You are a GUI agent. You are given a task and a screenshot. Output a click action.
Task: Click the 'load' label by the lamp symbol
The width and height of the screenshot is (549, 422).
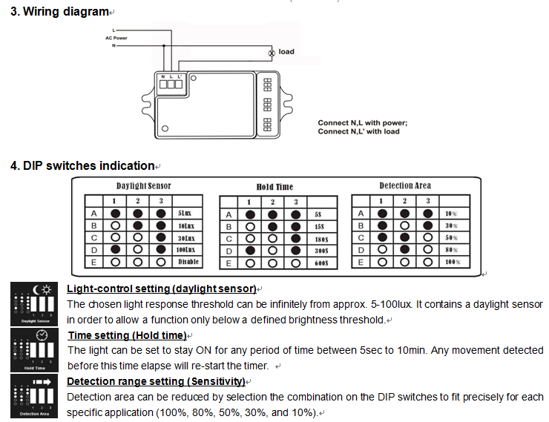[x=286, y=52]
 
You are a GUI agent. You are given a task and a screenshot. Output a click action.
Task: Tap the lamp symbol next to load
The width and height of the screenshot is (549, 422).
[x=272, y=52]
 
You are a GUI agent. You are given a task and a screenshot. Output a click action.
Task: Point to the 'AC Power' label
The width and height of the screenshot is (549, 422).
[x=116, y=38]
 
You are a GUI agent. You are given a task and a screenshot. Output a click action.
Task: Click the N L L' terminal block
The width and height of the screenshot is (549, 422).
[x=171, y=82]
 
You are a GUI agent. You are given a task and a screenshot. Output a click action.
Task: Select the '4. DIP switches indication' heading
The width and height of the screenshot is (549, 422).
[x=82, y=165]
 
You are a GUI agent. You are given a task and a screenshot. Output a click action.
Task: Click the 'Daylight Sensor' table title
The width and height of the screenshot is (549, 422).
[x=144, y=186]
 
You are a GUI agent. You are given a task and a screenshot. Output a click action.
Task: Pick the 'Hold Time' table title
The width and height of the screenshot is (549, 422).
[x=274, y=187]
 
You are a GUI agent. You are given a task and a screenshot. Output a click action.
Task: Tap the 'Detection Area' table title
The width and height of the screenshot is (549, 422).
[x=405, y=185]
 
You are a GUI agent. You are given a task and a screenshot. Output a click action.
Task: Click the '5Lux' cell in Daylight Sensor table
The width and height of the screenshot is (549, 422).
[x=185, y=214]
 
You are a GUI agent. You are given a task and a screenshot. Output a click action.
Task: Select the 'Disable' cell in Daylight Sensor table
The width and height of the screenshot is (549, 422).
[x=188, y=263]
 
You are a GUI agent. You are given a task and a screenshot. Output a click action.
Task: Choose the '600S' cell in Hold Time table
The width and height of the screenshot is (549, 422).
[x=320, y=263]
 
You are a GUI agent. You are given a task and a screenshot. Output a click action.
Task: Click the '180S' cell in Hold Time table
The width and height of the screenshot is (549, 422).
[x=320, y=239]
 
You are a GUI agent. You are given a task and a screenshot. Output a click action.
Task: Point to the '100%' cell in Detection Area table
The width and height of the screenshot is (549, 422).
[x=452, y=263]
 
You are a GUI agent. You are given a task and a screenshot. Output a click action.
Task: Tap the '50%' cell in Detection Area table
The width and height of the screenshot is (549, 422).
[x=451, y=238]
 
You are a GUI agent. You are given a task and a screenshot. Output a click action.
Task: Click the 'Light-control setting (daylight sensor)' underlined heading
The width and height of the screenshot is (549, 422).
[x=162, y=289]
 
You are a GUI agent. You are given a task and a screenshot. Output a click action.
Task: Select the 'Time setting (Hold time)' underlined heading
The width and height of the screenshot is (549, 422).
[x=127, y=335]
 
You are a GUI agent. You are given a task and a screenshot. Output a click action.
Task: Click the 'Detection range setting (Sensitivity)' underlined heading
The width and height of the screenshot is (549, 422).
[x=156, y=381]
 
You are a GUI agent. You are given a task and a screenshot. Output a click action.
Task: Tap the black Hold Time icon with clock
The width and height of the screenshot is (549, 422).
[x=34, y=350]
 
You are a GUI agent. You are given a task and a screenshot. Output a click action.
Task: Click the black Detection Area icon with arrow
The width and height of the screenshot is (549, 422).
[x=34, y=396]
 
